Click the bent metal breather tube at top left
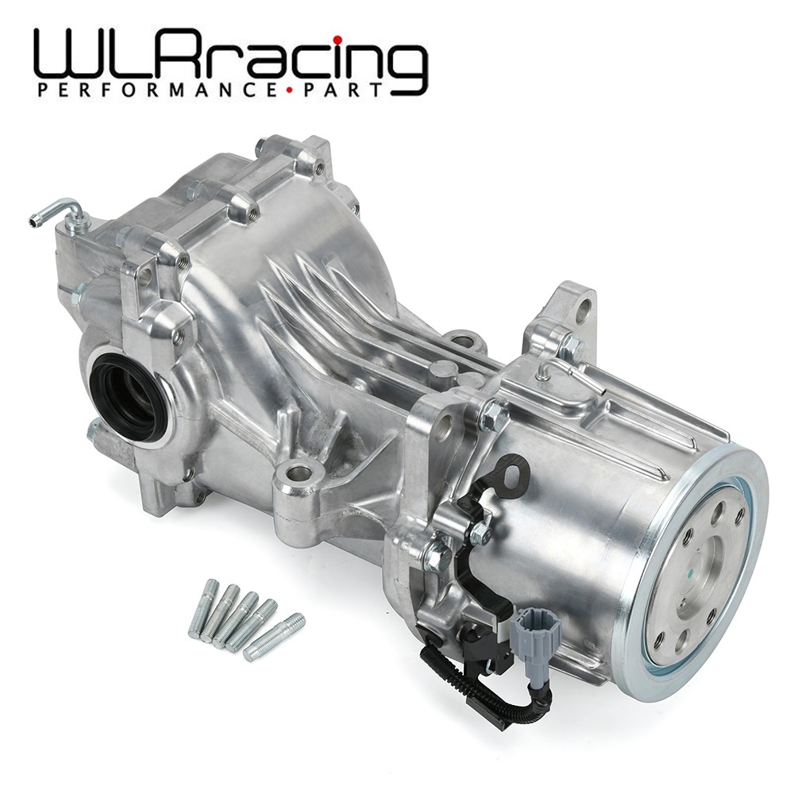60,210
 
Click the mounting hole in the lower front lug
299,474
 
